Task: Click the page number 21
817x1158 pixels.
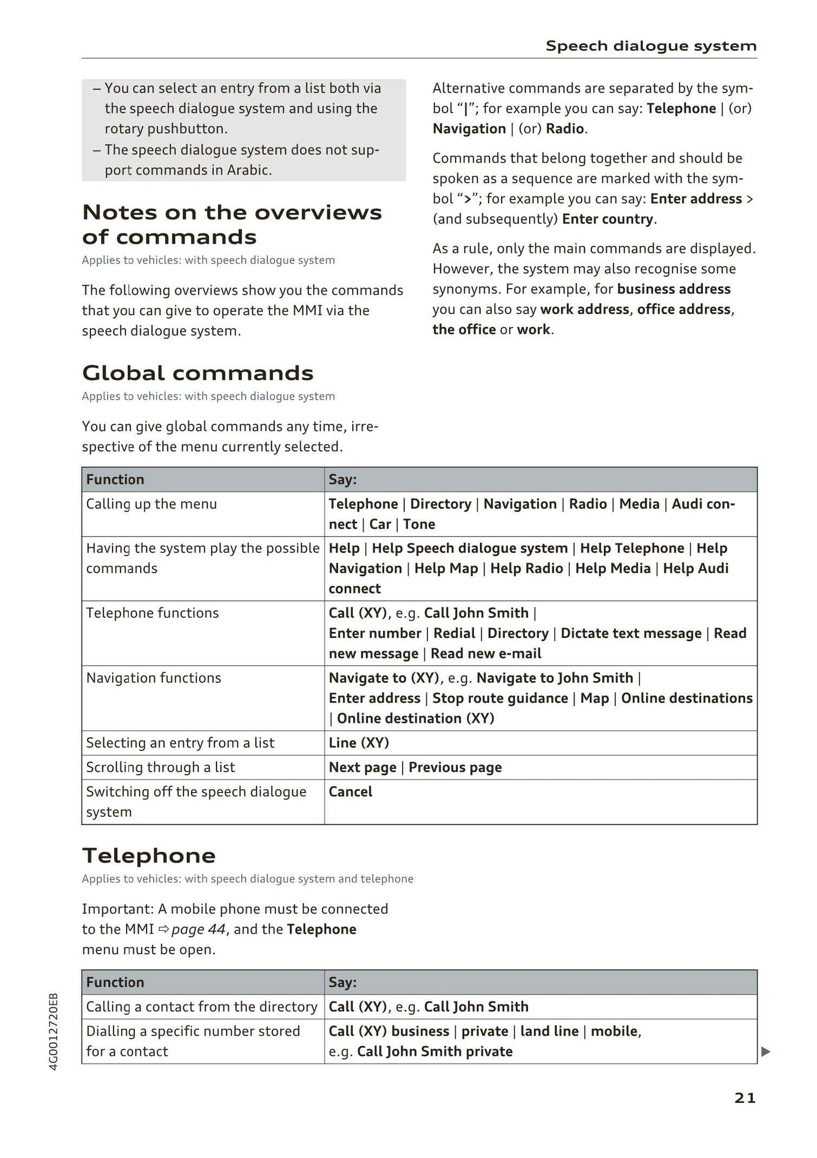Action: [745, 1098]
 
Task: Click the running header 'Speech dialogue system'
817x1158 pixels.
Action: [651, 46]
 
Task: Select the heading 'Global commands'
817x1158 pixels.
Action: [197, 373]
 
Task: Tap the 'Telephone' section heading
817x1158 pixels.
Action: [149, 855]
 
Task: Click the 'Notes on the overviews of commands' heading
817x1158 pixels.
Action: [232, 224]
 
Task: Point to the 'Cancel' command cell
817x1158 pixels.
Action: [351, 791]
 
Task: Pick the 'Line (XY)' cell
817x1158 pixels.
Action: [359, 742]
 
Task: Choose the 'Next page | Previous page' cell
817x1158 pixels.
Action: [415, 767]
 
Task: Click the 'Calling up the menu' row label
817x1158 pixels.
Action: [152, 503]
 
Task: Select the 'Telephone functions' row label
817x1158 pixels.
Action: [152, 613]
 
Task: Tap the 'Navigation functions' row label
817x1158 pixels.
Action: [153, 678]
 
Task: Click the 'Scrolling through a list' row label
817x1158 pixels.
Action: [160, 767]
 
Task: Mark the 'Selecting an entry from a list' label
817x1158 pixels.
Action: [180, 742]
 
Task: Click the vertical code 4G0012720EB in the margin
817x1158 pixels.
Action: [53, 1031]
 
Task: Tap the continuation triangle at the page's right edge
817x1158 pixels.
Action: [766, 1052]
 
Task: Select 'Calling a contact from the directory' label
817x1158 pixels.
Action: [201, 1007]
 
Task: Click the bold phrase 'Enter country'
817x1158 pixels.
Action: [608, 219]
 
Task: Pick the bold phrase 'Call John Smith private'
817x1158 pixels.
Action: [435, 1051]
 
